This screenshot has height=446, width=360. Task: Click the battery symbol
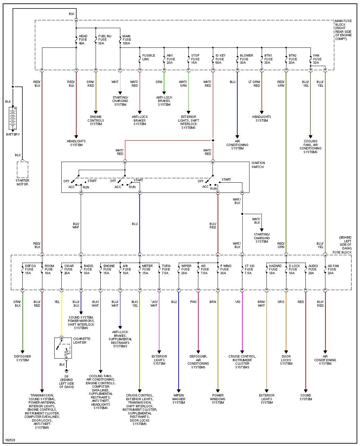13,119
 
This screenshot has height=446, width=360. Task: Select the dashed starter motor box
22,170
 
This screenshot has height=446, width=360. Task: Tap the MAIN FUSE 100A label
127,39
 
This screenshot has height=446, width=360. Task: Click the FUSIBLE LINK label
148,57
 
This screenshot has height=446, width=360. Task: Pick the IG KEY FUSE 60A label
220,59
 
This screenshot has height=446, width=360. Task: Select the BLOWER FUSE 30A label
246,59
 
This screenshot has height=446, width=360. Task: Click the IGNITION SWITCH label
258,165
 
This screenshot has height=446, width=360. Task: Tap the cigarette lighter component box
63,348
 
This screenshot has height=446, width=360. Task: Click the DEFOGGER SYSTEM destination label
23,358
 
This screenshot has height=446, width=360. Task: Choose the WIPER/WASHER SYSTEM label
179,399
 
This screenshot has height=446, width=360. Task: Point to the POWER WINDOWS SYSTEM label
218,399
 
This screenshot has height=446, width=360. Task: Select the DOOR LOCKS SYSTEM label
286,360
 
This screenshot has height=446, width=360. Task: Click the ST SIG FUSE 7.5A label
249,269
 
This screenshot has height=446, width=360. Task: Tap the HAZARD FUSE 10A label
275,269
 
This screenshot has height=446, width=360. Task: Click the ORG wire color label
281,302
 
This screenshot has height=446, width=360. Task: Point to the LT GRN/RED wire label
254,84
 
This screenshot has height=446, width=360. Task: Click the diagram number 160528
11,440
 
